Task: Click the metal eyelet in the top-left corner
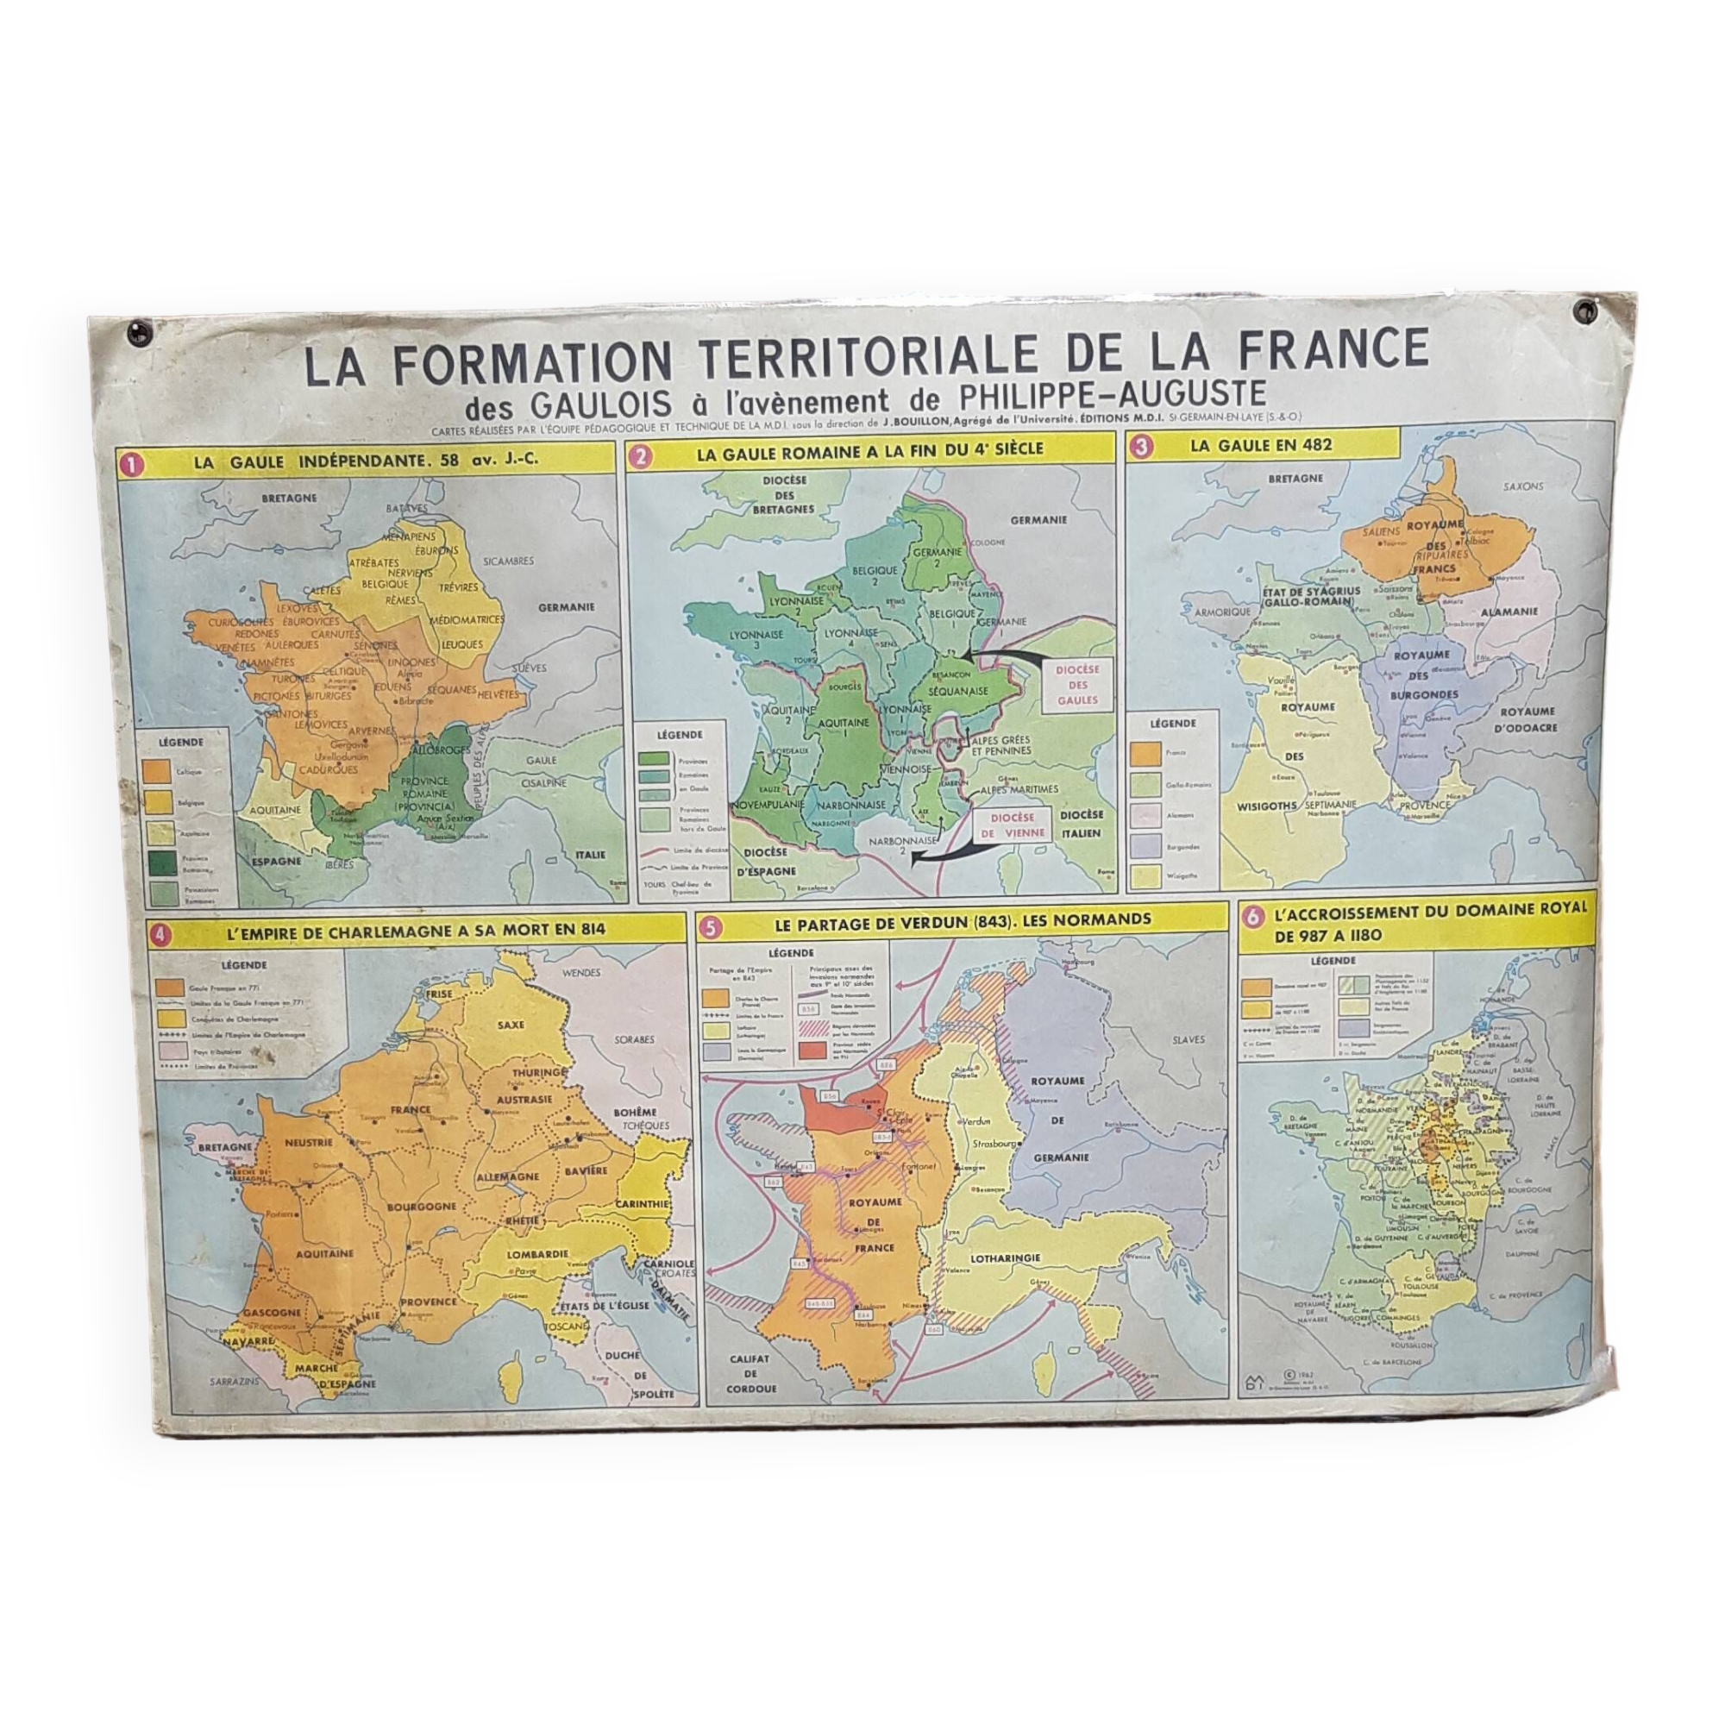pyautogui.click(x=141, y=333)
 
